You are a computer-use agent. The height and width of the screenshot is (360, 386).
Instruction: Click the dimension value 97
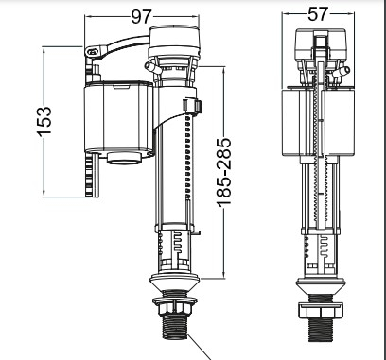coord(142,17)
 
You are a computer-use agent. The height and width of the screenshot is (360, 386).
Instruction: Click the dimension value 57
coord(318,14)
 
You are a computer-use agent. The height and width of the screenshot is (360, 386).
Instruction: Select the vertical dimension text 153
coord(44,122)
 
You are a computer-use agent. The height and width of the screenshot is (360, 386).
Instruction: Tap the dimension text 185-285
coord(224,172)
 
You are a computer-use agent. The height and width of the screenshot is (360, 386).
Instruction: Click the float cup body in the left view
coord(118,118)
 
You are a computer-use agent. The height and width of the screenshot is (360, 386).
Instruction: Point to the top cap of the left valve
coord(174,42)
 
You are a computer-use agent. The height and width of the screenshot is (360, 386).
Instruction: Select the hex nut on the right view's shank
coord(321,311)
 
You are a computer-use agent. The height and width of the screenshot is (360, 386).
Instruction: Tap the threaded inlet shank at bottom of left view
coord(175,327)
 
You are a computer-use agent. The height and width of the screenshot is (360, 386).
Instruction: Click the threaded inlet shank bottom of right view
coord(321,330)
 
